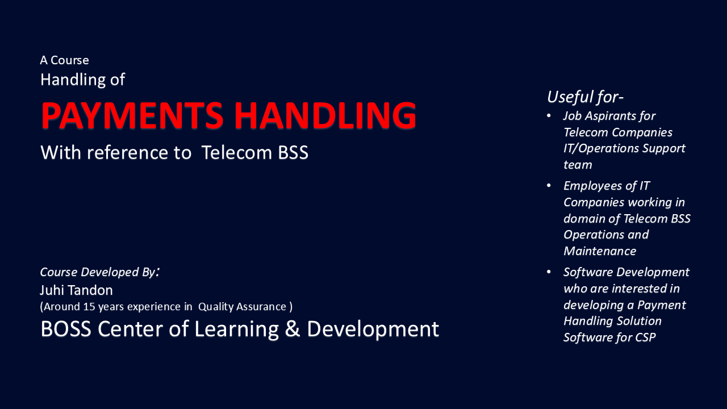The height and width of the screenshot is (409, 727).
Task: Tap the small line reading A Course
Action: click(x=64, y=60)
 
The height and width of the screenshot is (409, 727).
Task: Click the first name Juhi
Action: click(x=51, y=290)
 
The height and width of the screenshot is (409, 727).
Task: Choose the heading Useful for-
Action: click(x=586, y=97)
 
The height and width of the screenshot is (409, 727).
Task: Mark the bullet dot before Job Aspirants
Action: click(x=549, y=116)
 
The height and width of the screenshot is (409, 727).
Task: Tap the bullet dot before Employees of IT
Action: click(x=549, y=186)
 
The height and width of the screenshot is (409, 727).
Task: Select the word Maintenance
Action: click(x=599, y=251)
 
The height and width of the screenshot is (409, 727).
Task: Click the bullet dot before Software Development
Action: click(x=549, y=272)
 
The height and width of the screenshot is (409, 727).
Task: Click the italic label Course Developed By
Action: click(x=97, y=272)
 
